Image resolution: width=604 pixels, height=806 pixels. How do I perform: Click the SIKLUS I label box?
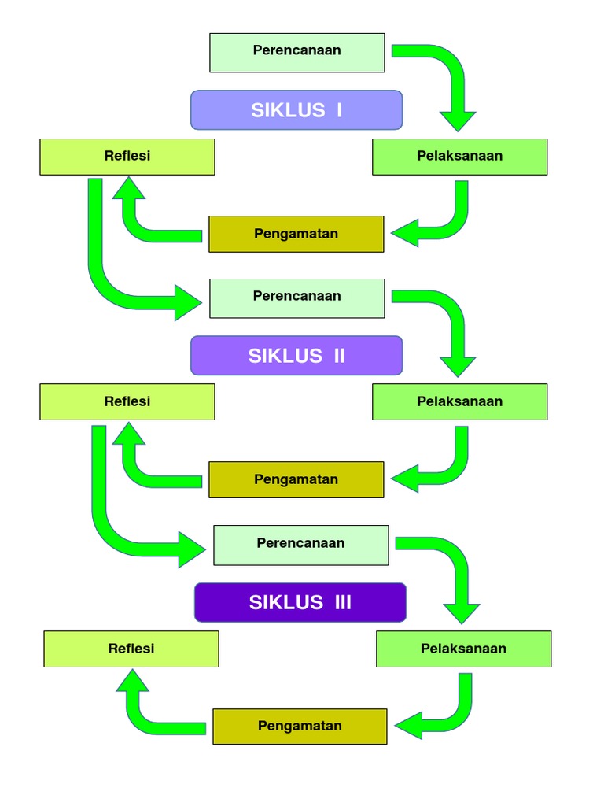pos(296,109)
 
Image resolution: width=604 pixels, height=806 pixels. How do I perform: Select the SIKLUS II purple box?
pos(296,356)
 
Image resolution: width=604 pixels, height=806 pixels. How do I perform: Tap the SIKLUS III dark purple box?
pos(300,602)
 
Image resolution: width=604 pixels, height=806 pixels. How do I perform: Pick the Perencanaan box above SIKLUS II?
pos(296,298)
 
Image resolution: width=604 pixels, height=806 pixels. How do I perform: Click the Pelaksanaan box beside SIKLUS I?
pos(459,157)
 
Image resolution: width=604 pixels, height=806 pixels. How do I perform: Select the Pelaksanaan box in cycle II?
pos(459,402)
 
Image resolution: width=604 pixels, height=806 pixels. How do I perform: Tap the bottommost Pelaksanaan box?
pos(463,649)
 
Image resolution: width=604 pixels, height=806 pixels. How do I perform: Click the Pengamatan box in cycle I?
pos(296,234)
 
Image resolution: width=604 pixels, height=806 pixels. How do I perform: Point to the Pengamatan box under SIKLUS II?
pos(296,479)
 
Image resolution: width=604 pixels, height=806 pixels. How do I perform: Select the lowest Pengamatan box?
pos(300,726)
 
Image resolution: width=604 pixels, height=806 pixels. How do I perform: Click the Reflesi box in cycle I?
pos(127,157)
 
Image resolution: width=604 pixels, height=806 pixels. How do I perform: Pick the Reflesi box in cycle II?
pos(127,402)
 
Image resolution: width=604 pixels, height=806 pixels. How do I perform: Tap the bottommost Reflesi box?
pos(131,649)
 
